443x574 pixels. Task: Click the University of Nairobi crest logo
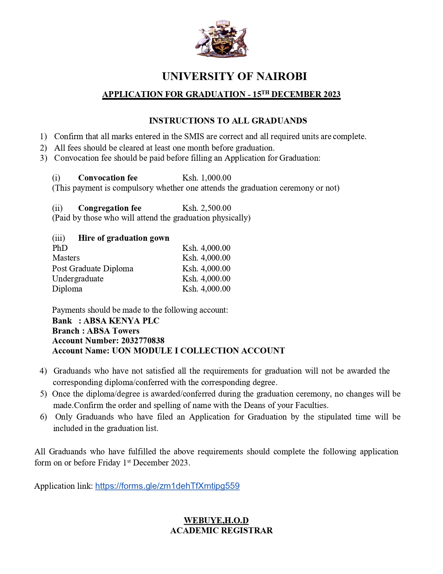point(221,39)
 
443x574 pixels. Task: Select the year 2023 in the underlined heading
point(332,95)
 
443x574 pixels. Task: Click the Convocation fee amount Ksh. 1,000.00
point(207,178)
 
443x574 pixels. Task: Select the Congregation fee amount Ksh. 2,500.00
point(207,208)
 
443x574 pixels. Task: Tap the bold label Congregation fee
point(110,208)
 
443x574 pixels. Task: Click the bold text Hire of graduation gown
point(124,238)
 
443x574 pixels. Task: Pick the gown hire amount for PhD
point(206,248)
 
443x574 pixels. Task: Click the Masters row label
point(66,258)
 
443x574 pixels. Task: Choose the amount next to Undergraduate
point(206,279)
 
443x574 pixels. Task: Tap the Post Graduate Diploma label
point(93,269)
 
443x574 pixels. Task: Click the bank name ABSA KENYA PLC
point(121,321)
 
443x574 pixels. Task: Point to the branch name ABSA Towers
point(113,331)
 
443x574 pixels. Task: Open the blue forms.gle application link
point(167,486)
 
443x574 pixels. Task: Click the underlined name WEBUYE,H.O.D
point(216,520)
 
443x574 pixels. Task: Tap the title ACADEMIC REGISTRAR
point(221,531)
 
